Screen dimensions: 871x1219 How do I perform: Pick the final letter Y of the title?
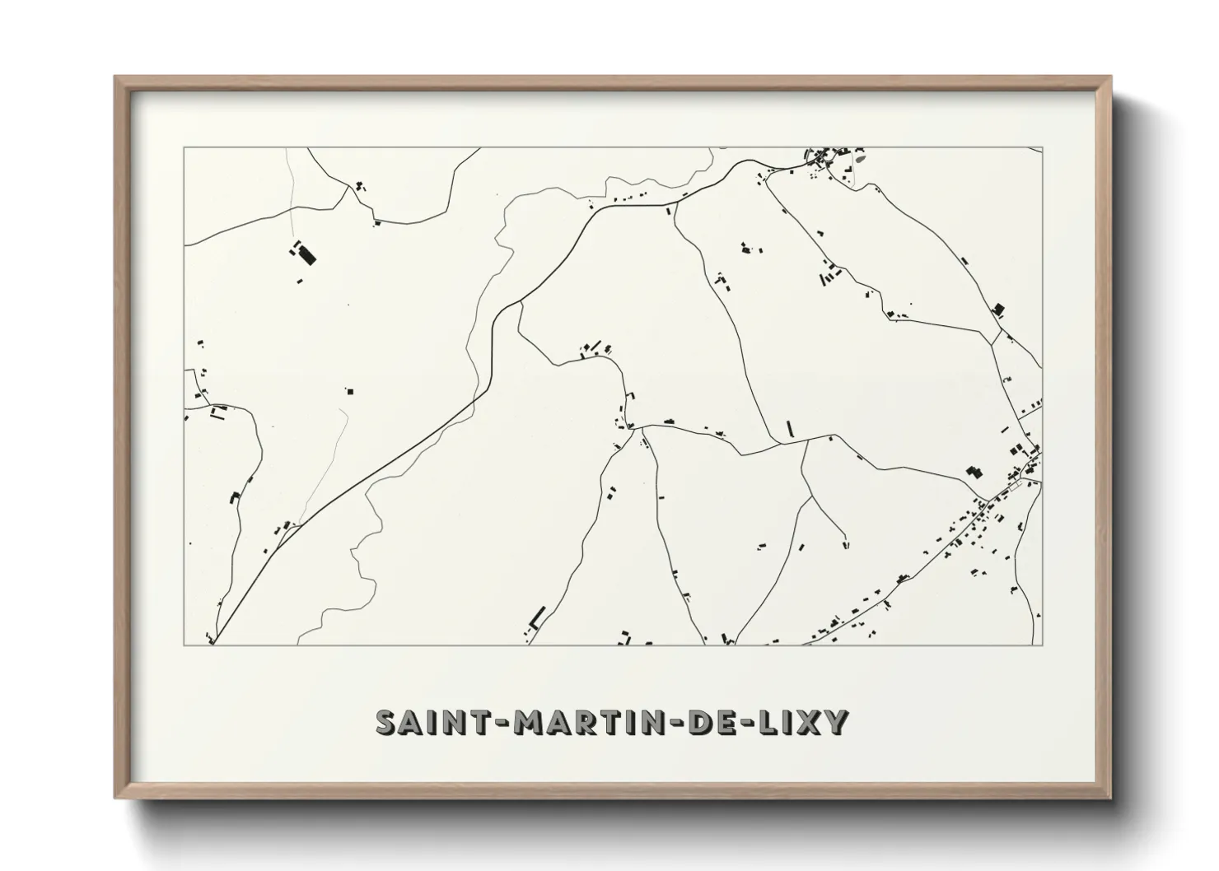pos(836,722)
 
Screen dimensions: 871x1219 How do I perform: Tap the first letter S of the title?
pos(386,722)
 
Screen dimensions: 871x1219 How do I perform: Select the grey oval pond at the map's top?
pos(861,156)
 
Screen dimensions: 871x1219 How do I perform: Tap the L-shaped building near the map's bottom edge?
pos(537,617)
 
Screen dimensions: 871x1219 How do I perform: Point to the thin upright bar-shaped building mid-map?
pos(789,428)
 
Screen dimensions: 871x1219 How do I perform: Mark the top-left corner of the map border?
pos(184,148)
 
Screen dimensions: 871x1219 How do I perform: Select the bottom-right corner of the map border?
pos(1042,645)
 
